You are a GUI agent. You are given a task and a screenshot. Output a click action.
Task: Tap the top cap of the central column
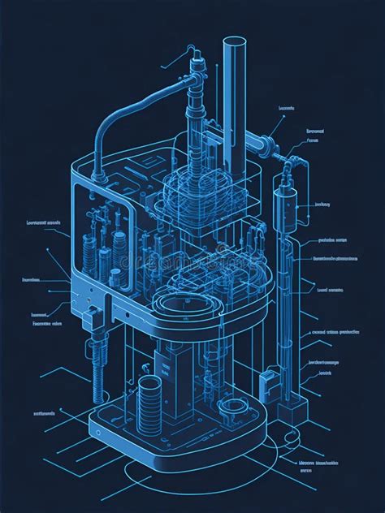click(196, 58)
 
